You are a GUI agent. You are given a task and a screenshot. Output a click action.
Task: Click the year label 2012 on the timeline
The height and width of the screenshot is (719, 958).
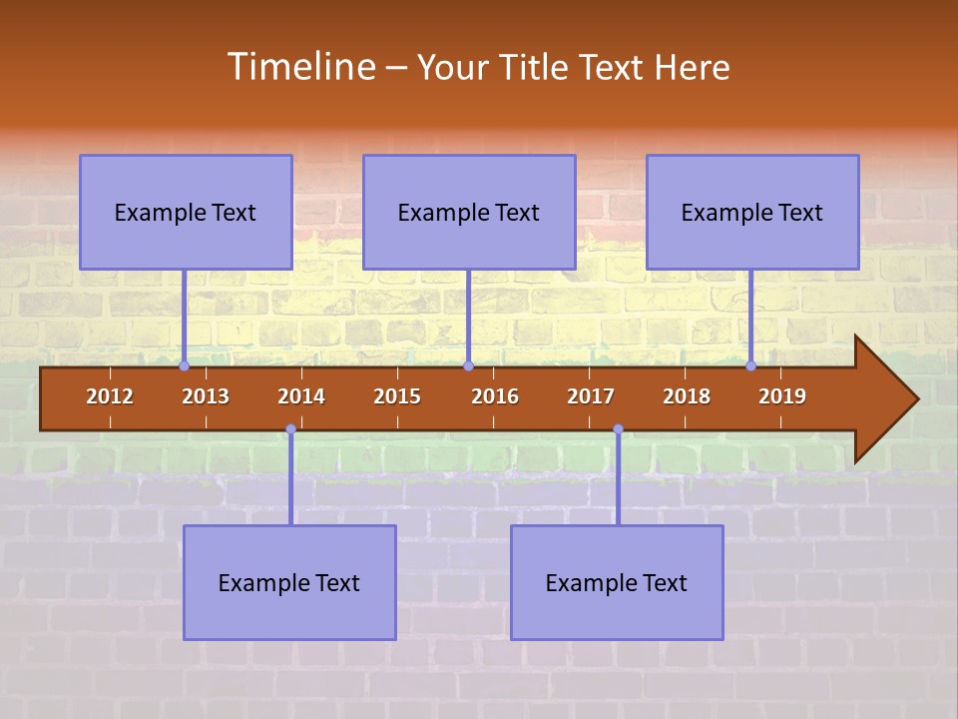pos(110,396)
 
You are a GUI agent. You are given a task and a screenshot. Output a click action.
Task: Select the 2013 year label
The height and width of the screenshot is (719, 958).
pos(206,396)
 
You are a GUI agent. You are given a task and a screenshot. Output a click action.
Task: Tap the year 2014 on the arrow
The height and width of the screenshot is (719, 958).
pos(301,396)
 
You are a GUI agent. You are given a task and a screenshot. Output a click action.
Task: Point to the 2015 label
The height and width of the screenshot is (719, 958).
pos(397,396)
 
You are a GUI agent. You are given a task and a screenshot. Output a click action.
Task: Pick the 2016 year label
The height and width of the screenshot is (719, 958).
pos(495,396)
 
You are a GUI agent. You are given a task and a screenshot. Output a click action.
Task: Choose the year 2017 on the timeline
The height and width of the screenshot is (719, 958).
pos(591,396)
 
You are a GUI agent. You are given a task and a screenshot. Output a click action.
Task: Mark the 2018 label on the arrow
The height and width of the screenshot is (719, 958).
pos(687,396)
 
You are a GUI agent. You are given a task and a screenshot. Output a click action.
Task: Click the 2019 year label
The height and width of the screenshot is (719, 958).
pos(782,396)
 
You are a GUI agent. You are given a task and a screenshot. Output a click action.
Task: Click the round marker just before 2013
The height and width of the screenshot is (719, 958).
pos(184,366)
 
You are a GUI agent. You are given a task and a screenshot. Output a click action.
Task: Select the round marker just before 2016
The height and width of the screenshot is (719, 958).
pos(468,366)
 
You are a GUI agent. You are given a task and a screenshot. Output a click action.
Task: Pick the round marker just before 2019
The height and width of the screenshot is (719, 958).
pos(751,366)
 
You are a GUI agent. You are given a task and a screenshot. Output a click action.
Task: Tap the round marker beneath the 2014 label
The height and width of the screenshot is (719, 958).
pos(290,429)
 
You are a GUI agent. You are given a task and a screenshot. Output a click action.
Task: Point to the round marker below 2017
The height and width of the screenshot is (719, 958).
pos(618,429)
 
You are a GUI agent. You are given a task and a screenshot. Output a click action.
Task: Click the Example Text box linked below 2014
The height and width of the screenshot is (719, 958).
pos(289,582)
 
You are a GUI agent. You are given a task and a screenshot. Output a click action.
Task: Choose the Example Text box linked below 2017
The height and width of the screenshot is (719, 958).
pos(617,582)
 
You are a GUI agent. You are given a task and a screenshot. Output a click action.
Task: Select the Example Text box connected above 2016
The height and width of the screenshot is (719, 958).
pos(469,212)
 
